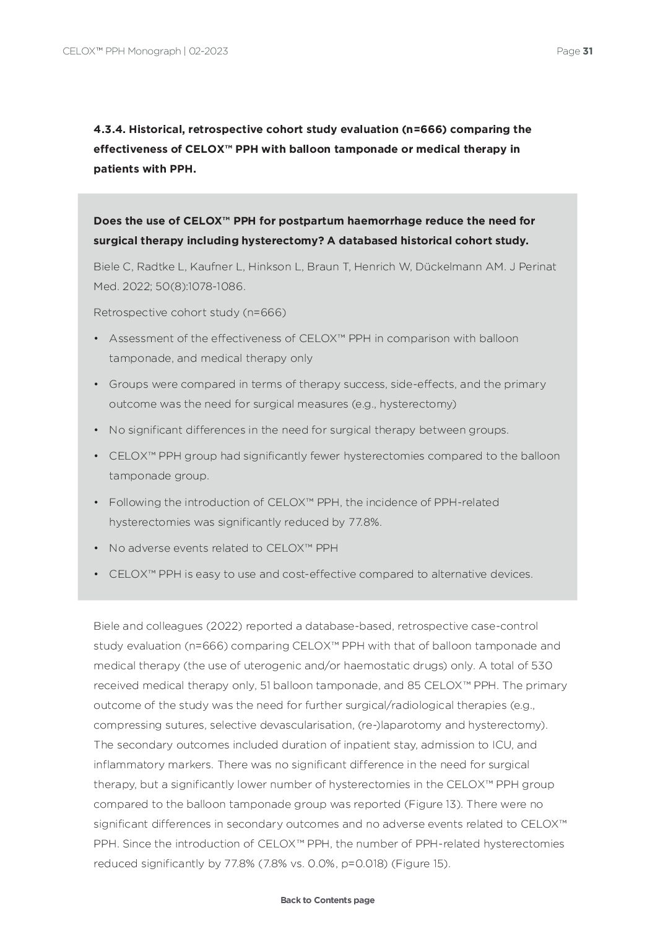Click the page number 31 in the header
pyautogui.click(x=588, y=51)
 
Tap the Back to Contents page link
pyautogui.click(x=327, y=900)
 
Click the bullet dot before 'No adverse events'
pyautogui.click(x=97, y=548)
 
